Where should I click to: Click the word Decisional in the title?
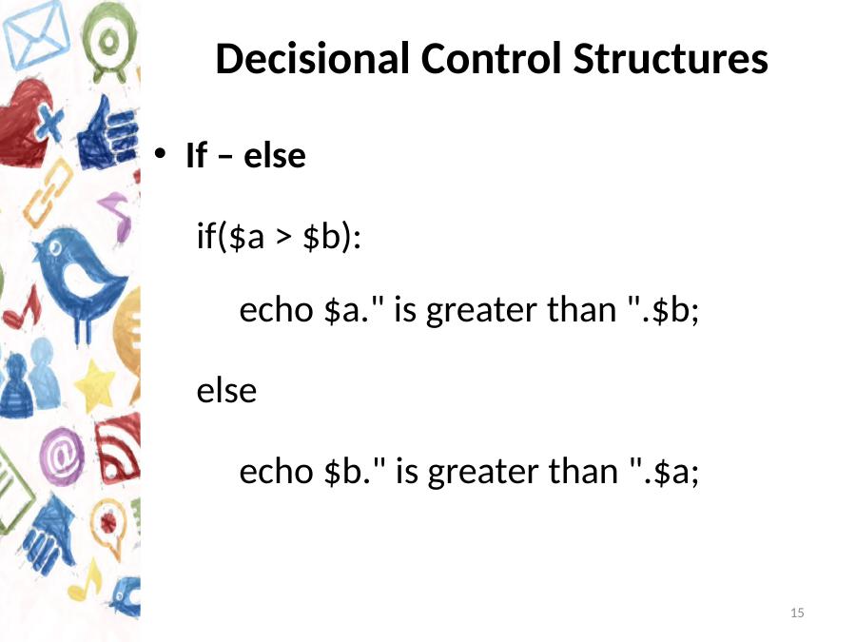tap(312, 58)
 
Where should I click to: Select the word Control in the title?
tap(491, 58)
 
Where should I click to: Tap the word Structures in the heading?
tap(671, 58)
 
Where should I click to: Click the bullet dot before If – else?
tap(160, 153)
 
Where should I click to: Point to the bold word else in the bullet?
tap(275, 156)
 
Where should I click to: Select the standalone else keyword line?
tap(226, 390)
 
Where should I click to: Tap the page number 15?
tap(797, 613)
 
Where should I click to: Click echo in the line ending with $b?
tap(276, 309)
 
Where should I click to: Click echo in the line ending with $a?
tap(276, 471)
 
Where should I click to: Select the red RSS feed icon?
tap(118, 448)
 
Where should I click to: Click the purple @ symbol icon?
tap(62, 457)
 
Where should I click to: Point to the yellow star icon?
tap(95, 386)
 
